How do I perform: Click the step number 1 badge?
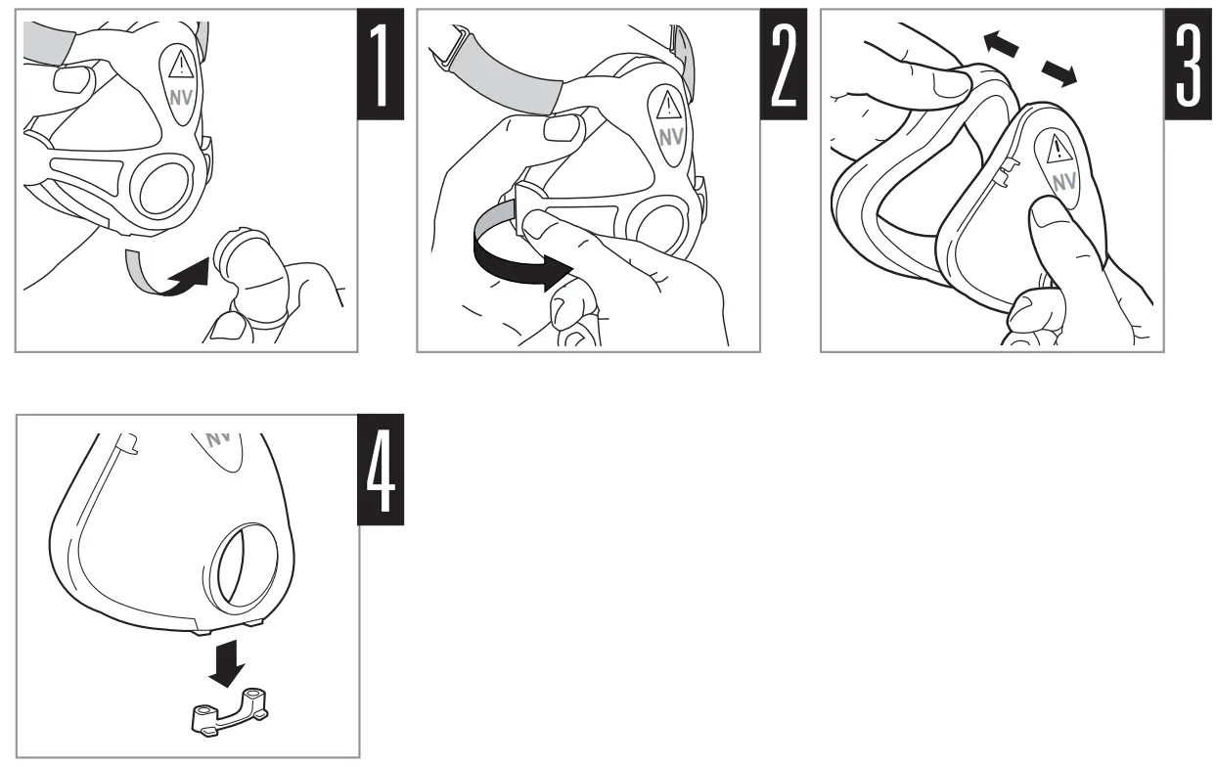(x=381, y=64)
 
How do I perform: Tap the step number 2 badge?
(x=784, y=64)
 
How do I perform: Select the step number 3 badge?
(x=1189, y=64)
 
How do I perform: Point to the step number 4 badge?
(x=381, y=470)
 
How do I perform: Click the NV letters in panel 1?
(x=181, y=98)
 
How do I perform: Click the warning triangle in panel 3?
(x=1057, y=149)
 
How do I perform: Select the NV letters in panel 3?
(x=1064, y=183)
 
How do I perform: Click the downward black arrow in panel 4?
(x=227, y=663)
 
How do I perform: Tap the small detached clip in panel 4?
(x=230, y=711)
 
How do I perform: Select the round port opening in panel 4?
(x=244, y=565)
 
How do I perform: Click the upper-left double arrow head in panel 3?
(x=1001, y=43)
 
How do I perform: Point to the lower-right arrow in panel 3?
(x=1059, y=73)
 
